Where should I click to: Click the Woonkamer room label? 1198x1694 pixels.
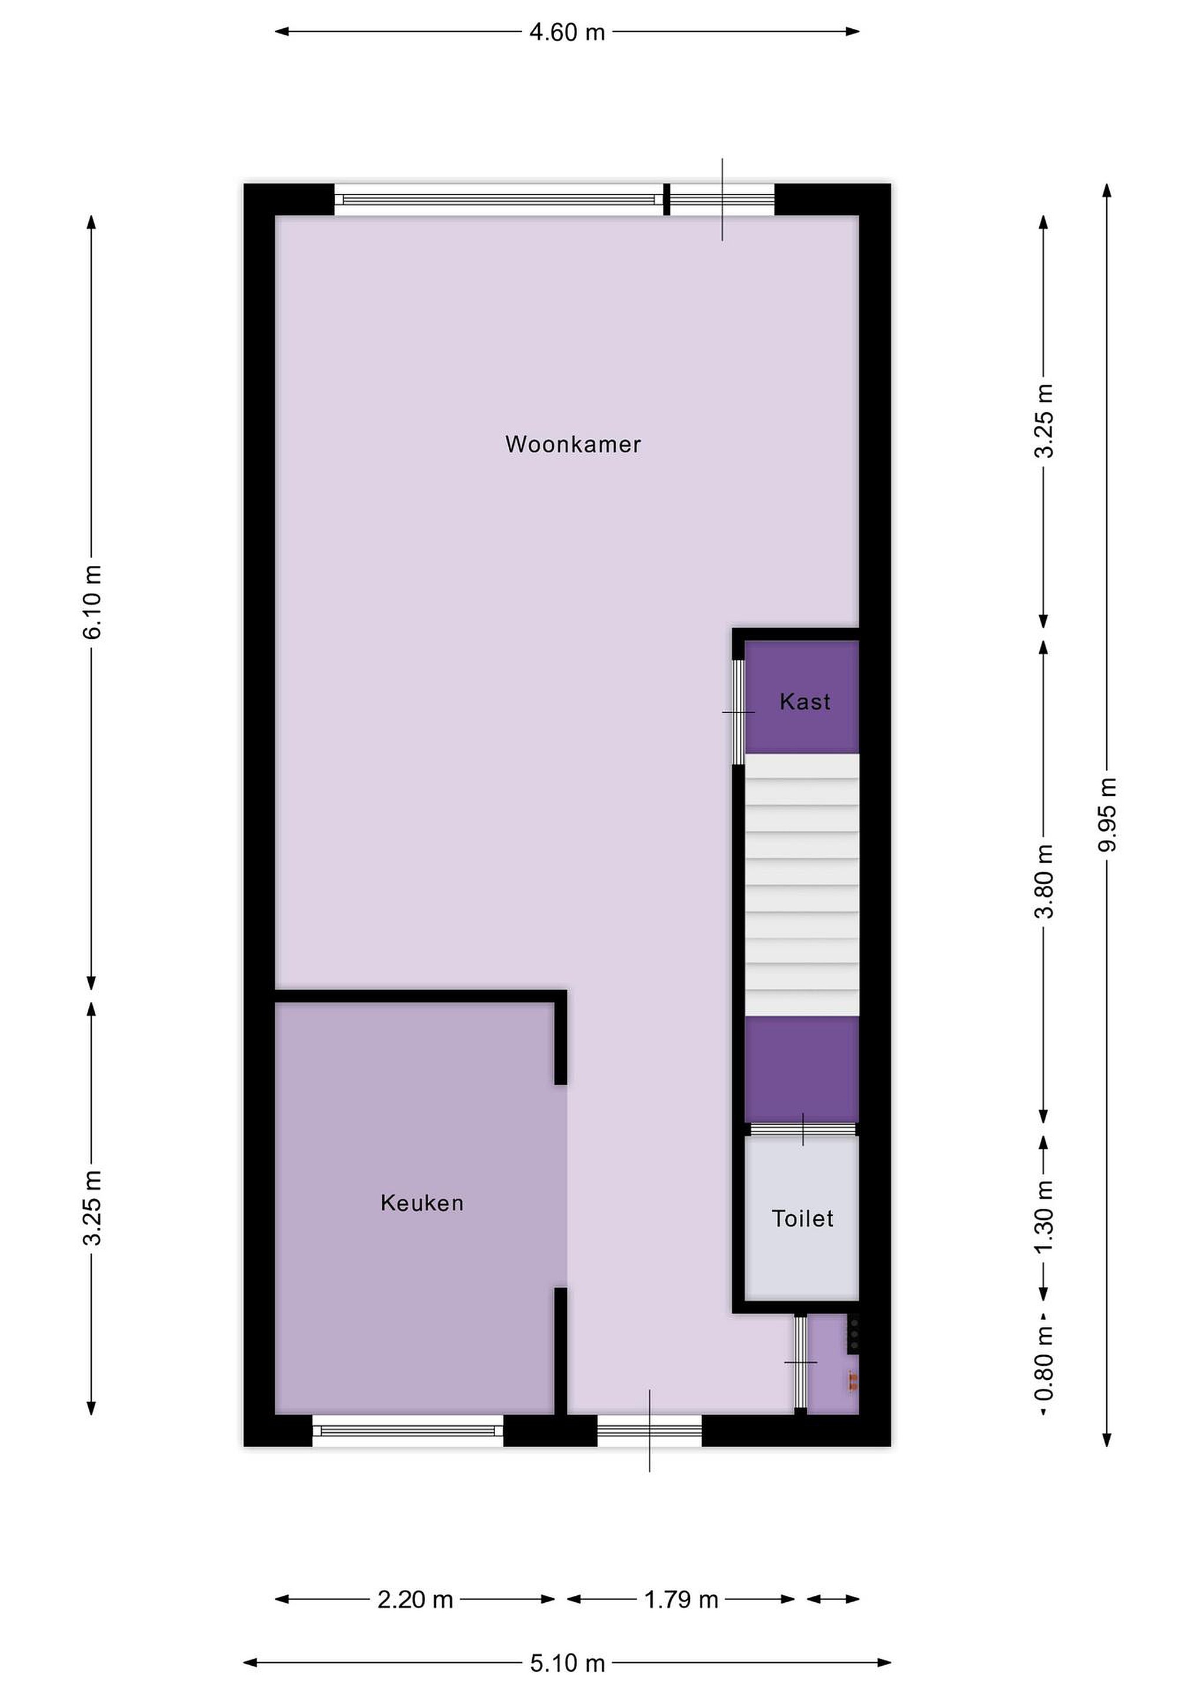(573, 444)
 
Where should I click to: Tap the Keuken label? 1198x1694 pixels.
(422, 1203)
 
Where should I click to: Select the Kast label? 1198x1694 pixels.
(805, 702)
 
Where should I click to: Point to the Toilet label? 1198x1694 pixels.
(803, 1218)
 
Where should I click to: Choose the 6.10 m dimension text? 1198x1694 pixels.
(92, 601)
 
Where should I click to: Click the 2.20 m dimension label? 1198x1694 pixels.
(415, 1599)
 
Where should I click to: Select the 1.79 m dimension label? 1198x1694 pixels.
(681, 1599)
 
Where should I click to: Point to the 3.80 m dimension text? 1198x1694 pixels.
(1044, 882)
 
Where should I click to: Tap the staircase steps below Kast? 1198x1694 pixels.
(802, 885)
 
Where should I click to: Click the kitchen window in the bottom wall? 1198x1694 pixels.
(408, 1430)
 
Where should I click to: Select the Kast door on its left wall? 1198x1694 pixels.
(738, 712)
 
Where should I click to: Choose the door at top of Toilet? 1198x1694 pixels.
(803, 1129)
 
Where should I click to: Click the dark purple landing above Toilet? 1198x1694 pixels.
(802, 1069)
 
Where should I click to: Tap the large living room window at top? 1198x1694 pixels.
(499, 199)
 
